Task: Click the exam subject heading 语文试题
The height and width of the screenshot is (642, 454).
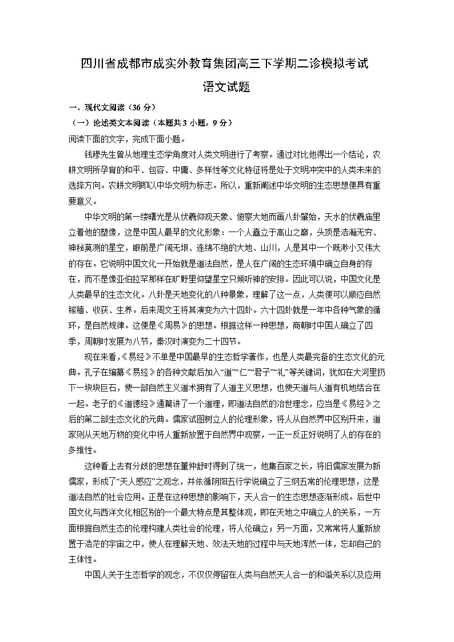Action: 227,87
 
